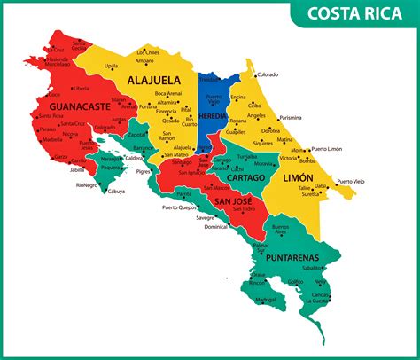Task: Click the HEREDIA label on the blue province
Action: (213, 116)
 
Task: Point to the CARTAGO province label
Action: (245, 177)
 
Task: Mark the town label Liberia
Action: (82, 89)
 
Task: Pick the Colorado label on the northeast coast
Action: (267, 74)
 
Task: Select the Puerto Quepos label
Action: (181, 207)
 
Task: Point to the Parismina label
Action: (290, 117)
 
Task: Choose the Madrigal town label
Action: (265, 300)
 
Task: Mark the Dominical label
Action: (215, 226)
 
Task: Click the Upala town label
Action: (111, 66)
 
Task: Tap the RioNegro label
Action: (86, 184)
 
